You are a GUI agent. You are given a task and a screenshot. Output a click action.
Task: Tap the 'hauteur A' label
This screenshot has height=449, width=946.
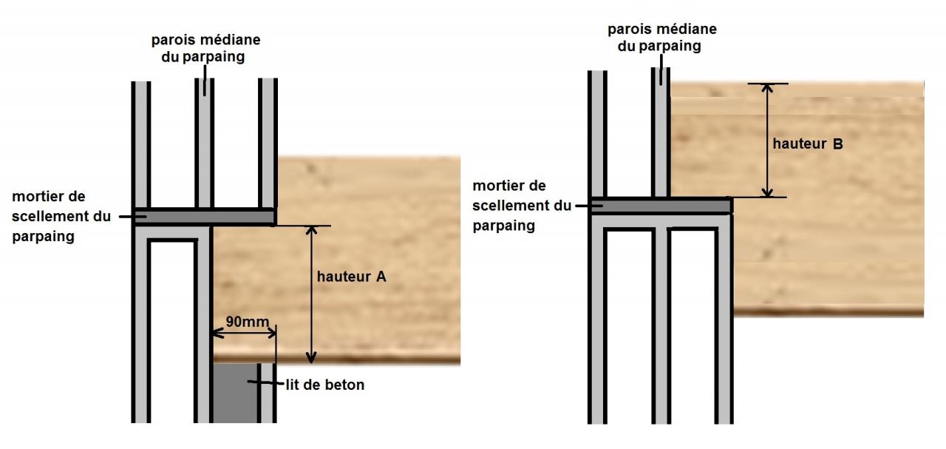(x=351, y=277)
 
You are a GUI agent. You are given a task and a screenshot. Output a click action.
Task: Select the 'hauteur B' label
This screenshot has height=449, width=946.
(x=807, y=144)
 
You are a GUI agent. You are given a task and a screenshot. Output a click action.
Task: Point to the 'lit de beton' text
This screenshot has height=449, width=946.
(x=324, y=385)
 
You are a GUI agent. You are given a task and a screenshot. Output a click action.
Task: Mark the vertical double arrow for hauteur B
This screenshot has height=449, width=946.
(x=768, y=140)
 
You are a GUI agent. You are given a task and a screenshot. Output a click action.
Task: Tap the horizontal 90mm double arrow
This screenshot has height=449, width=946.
(x=244, y=334)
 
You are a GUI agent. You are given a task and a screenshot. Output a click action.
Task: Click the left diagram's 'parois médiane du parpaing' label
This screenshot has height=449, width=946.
(x=205, y=47)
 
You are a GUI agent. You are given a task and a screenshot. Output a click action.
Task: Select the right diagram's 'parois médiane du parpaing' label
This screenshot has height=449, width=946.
(x=661, y=37)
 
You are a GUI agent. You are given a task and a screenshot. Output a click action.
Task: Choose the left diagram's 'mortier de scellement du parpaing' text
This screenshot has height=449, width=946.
(x=61, y=217)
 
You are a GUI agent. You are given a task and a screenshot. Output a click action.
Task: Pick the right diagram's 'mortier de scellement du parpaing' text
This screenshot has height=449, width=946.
(x=522, y=206)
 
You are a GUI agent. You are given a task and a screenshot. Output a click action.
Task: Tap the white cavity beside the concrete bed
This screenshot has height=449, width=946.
(x=171, y=333)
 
